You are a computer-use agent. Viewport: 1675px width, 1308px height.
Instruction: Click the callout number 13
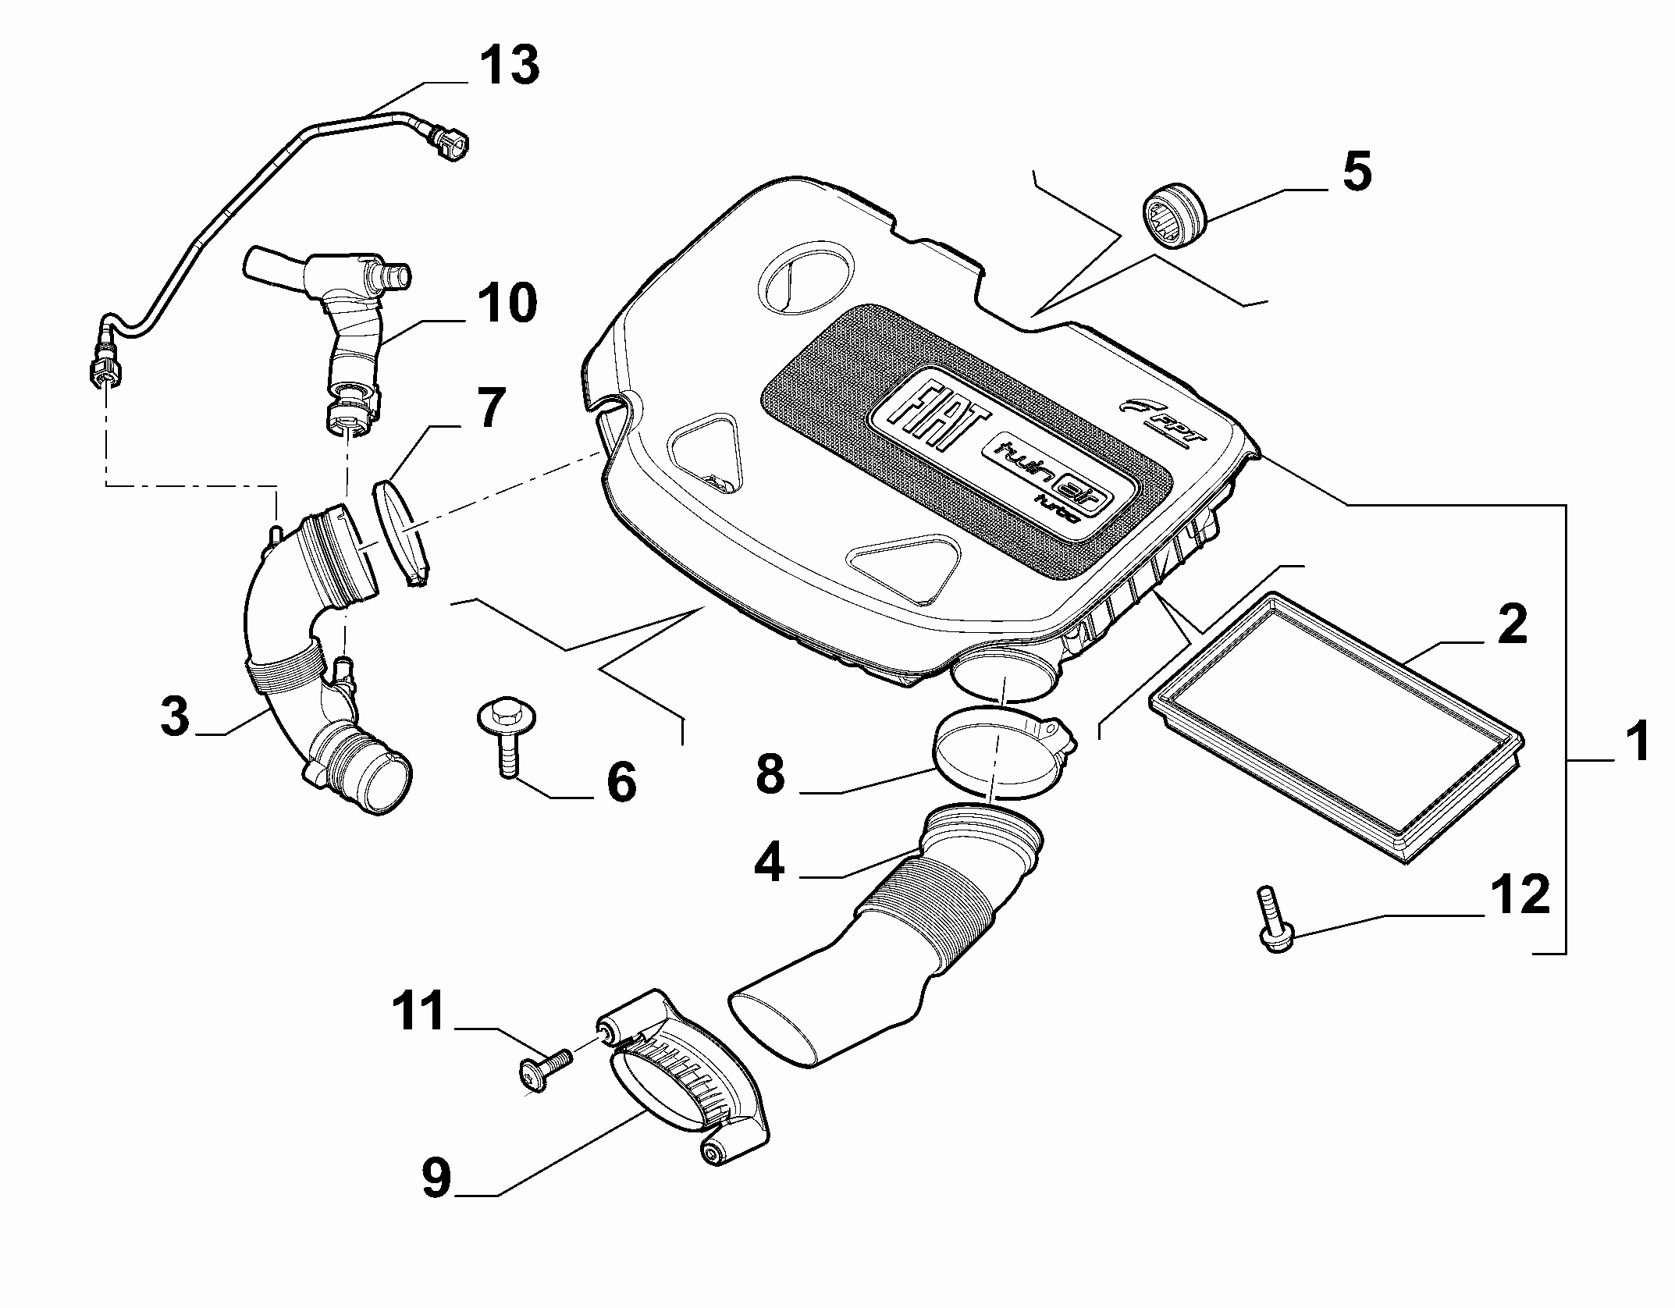point(507,65)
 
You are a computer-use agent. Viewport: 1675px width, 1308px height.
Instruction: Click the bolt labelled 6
point(503,738)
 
